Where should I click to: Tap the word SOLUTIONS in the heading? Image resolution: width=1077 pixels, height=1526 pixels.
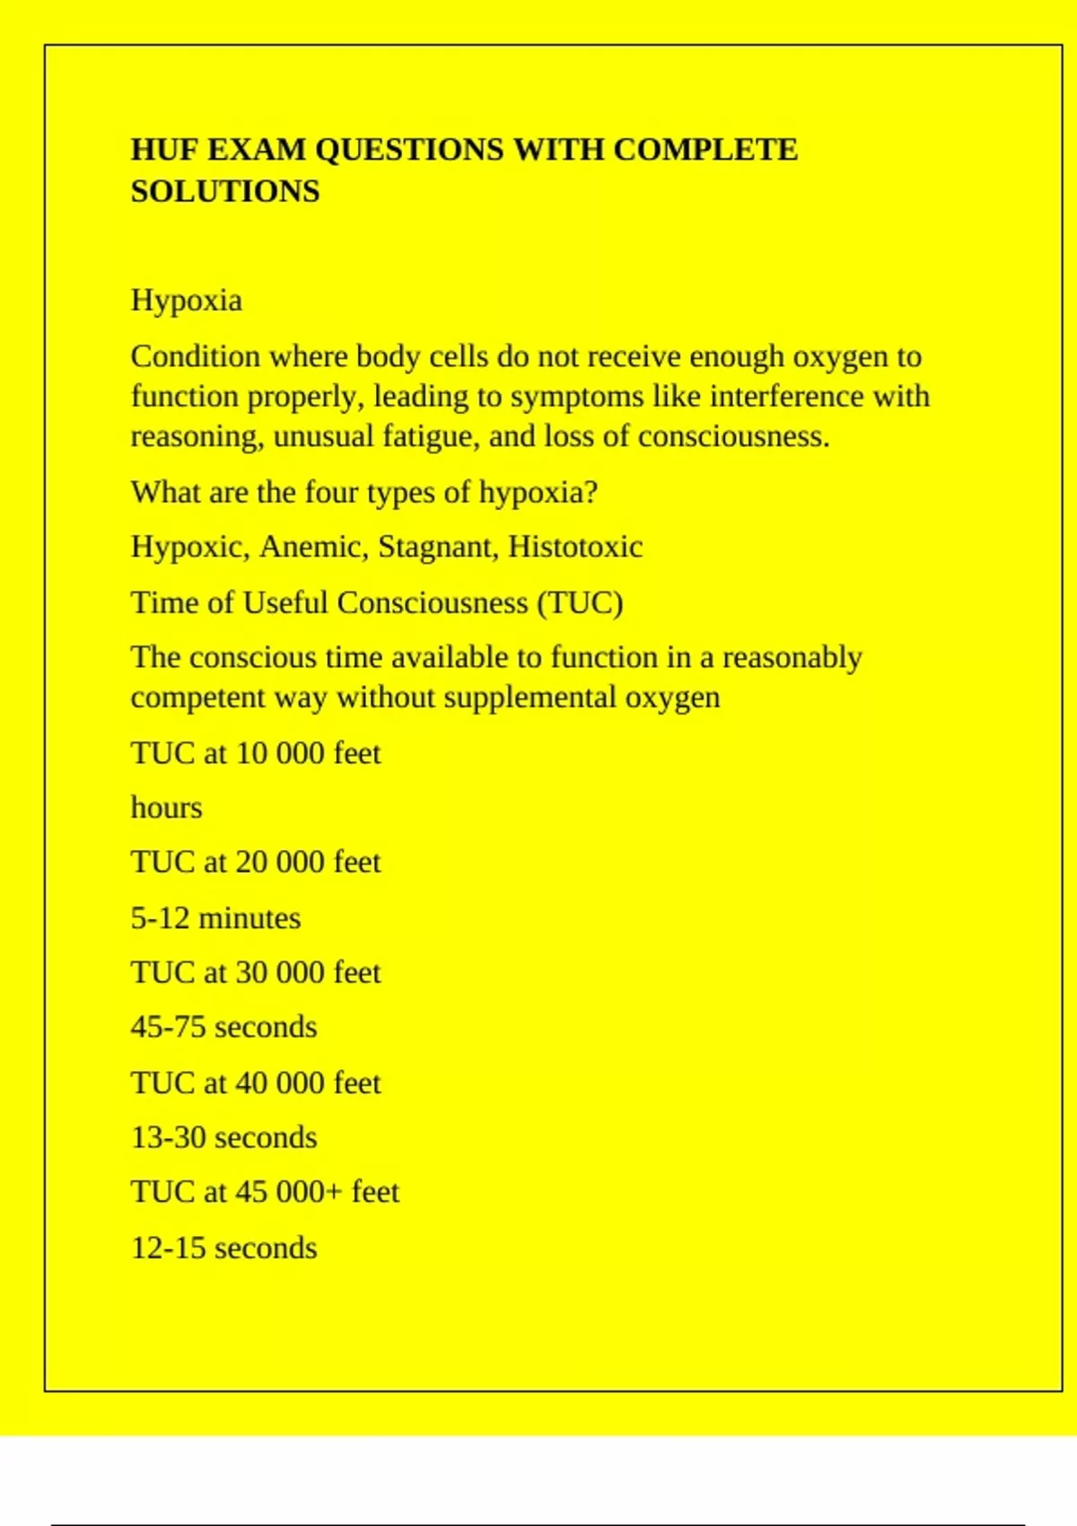point(225,192)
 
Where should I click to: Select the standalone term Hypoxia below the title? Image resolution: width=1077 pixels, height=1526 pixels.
point(187,301)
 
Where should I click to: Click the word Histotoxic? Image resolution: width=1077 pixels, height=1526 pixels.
point(575,547)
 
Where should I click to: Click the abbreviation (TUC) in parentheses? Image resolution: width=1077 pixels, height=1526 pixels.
point(580,602)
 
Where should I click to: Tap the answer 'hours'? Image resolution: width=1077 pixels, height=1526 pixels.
point(167,808)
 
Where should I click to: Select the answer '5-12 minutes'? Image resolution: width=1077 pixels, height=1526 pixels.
point(215,918)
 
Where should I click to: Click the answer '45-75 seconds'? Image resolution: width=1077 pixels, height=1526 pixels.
point(224,1027)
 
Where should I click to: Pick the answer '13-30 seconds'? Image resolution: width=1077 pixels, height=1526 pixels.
point(224,1138)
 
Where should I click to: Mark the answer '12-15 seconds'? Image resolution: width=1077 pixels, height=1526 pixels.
point(224,1249)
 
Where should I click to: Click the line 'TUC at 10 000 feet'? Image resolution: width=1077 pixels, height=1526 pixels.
point(256,753)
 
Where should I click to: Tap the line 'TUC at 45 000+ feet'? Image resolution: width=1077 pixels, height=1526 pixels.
point(265,1192)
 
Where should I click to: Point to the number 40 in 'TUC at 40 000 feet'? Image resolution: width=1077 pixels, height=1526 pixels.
point(251,1083)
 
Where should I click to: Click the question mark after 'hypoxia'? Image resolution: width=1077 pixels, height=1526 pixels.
point(591,493)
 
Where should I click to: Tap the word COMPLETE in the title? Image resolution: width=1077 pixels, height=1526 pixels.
point(705,150)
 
